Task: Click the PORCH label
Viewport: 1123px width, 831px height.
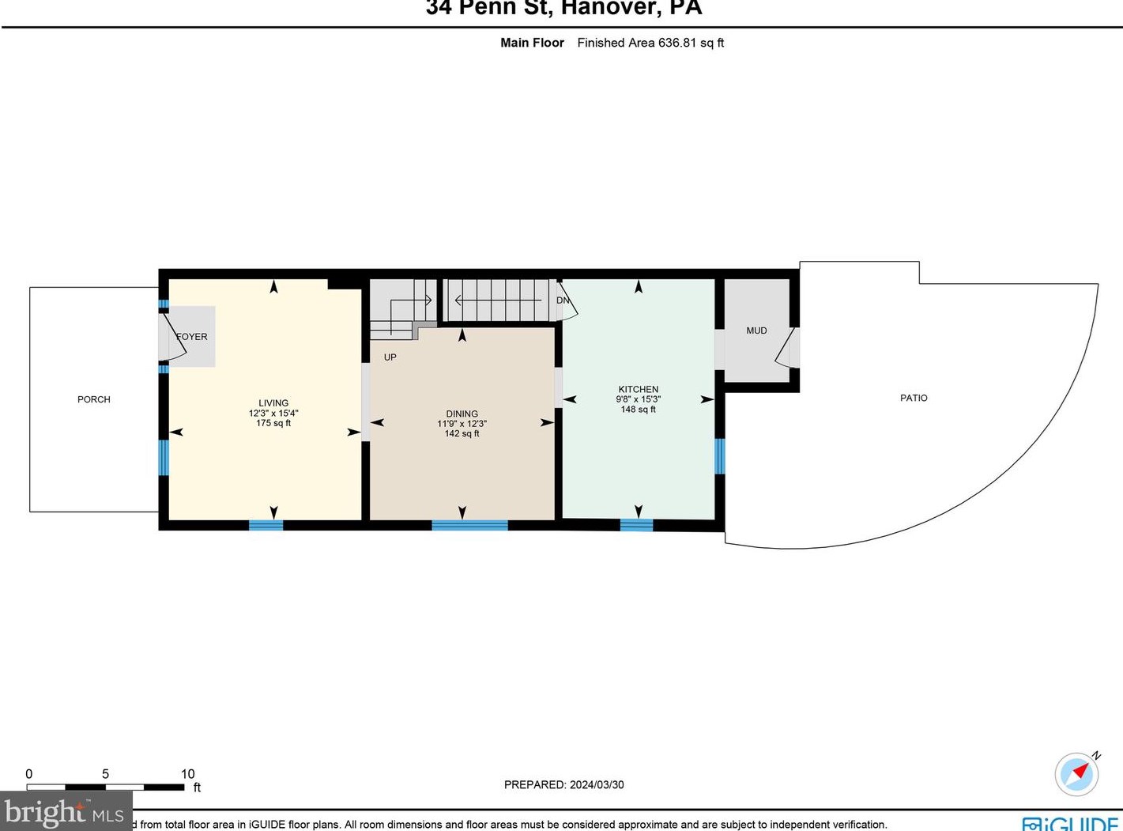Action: pyautogui.click(x=93, y=399)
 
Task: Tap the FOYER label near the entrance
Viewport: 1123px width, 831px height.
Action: pyautogui.click(x=192, y=337)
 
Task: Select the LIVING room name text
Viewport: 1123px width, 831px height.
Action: pyautogui.click(x=273, y=402)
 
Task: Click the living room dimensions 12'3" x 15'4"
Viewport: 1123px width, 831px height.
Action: pyautogui.click(x=273, y=413)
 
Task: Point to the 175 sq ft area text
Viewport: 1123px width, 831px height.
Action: pyautogui.click(x=273, y=423)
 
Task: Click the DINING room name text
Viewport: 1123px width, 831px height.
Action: pyautogui.click(x=462, y=414)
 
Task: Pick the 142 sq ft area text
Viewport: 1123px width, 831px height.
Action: pyautogui.click(x=462, y=433)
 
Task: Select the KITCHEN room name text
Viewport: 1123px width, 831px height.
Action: pyautogui.click(x=638, y=389)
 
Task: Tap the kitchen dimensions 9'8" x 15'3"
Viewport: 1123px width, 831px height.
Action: pyautogui.click(x=638, y=399)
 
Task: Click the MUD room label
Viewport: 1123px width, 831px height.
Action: pyautogui.click(x=756, y=331)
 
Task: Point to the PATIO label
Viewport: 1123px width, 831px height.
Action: pyautogui.click(x=914, y=398)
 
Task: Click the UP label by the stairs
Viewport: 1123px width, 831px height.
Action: pyautogui.click(x=390, y=357)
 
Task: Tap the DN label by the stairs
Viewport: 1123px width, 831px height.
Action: pyautogui.click(x=563, y=300)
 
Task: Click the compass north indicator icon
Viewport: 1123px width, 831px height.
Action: pyautogui.click(x=1077, y=773)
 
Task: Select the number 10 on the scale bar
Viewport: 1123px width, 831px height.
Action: pyautogui.click(x=187, y=774)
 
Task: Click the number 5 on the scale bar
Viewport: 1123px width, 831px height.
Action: pyautogui.click(x=105, y=774)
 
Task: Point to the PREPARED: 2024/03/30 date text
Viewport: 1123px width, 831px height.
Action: pyautogui.click(x=563, y=784)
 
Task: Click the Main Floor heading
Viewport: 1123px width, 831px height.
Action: pyautogui.click(x=532, y=43)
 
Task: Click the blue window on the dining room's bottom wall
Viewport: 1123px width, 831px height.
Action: pyautogui.click(x=469, y=525)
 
